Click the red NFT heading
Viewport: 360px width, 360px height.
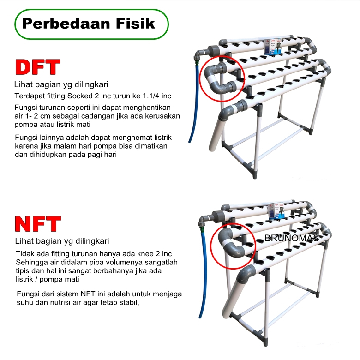[x=38, y=224]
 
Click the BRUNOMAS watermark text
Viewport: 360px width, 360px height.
[x=292, y=238]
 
